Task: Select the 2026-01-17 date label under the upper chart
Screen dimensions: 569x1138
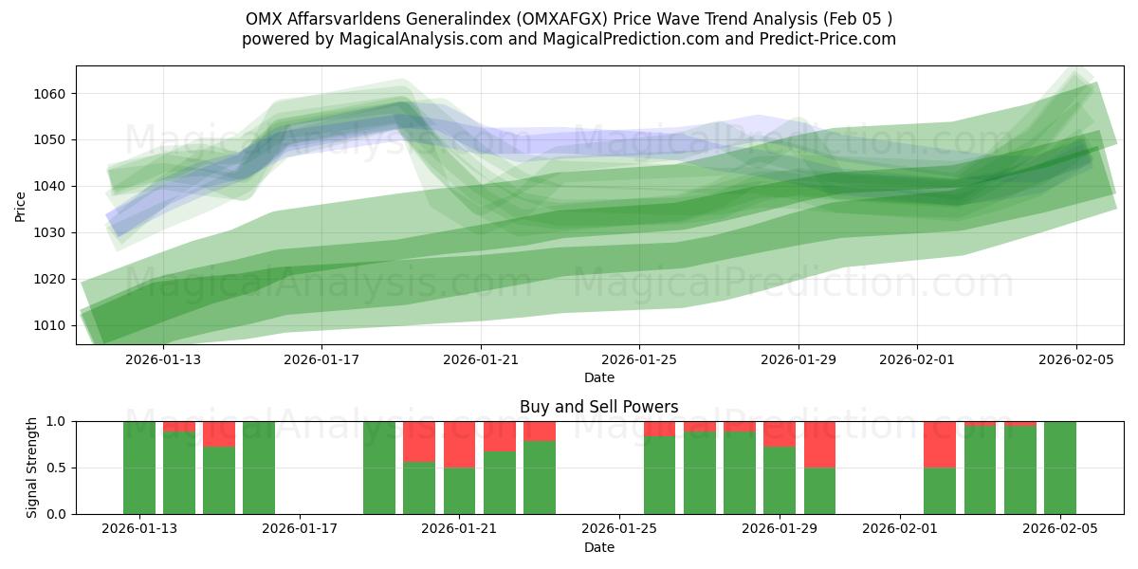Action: pyautogui.click(x=321, y=359)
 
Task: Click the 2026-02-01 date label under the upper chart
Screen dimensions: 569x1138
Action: pyautogui.click(x=916, y=359)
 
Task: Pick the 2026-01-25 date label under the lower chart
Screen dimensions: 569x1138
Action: pyautogui.click(x=618, y=529)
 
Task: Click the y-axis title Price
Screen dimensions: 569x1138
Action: pyautogui.click(x=21, y=205)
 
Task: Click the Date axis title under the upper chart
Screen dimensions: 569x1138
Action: pyautogui.click(x=598, y=377)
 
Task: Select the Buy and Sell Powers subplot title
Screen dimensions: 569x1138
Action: pyautogui.click(x=598, y=407)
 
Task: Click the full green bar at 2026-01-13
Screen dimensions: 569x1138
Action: pyautogui.click(x=139, y=468)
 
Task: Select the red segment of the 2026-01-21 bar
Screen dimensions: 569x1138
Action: pyautogui.click(x=460, y=444)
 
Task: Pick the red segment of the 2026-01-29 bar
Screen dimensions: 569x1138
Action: pyautogui.click(x=780, y=433)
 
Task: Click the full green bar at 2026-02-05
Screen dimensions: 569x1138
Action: pyautogui.click(x=1060, y=468)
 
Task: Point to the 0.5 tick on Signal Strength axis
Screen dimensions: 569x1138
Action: pyautogui.click(x=57, y=468)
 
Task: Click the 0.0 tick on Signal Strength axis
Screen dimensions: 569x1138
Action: pyautogui.click(x=57, y=514)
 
